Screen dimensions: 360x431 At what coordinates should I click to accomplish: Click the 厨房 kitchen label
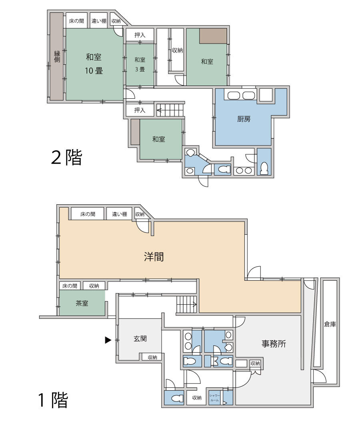244,119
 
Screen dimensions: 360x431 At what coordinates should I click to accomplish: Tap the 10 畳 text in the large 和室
94,71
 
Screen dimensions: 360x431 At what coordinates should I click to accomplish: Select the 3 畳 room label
140,69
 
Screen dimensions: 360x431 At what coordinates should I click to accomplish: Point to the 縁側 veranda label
57,57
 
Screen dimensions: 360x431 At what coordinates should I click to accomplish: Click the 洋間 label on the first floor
154,257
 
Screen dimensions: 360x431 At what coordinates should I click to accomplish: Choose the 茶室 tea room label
82,303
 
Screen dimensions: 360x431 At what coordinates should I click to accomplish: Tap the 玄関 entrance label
140,339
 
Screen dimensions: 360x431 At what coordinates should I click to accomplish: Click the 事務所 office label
274,343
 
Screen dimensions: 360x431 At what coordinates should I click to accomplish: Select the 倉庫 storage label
330,324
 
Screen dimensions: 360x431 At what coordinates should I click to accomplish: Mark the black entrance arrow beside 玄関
108,340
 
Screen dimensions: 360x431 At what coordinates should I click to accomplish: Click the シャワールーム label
214,398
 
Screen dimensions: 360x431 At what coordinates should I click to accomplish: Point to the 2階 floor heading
67,158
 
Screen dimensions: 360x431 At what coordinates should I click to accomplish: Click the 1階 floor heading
53,400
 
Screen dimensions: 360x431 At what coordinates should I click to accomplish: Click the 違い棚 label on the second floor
99,21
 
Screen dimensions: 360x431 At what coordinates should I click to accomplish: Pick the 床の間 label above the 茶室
70,286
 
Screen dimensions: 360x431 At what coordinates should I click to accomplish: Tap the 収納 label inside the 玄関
152,357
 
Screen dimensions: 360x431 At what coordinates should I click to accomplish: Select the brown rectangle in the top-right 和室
214,36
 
